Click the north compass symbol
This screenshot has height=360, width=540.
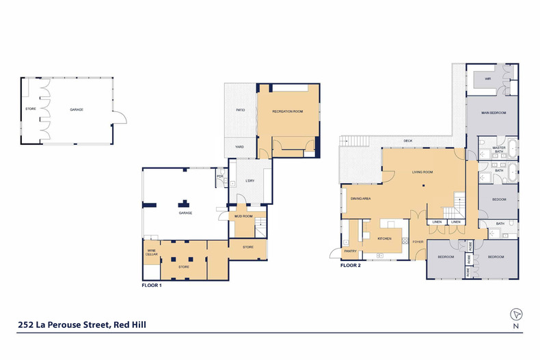(517, 314)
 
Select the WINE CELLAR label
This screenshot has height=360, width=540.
(151, 253)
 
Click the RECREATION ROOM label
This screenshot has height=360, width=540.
(287, 111)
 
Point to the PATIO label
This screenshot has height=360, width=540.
(241, 109)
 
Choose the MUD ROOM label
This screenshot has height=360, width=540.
(244, 216)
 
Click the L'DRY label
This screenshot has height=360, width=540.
(249, 181)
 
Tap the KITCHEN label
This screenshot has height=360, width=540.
(384, 238)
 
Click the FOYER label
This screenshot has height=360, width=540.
(417, 241)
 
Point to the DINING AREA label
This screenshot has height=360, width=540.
(360, 198)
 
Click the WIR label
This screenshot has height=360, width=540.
(488, 79)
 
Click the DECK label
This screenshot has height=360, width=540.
(408, 141)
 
